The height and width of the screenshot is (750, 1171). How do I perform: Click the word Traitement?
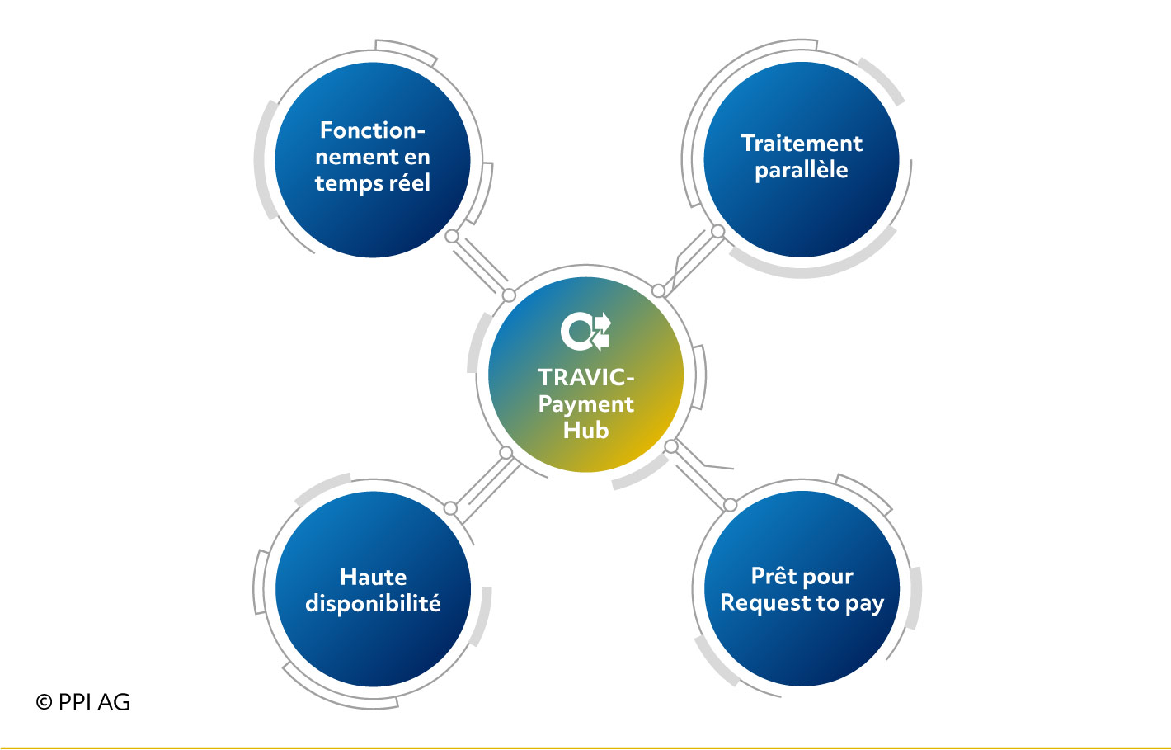point(802,144)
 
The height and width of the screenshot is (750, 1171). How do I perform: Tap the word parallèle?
point(802,171)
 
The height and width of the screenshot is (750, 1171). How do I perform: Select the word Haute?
point(374,578)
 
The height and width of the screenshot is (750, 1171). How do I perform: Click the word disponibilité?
point(374,604)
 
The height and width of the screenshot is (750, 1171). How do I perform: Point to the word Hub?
point(586,431)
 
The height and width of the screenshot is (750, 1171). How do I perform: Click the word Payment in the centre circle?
point(586,405)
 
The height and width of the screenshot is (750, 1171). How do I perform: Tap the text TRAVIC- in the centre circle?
point(586,378)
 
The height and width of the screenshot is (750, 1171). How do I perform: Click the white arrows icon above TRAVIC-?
point(585,331)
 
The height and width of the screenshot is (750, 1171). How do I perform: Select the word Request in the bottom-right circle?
point(762,604)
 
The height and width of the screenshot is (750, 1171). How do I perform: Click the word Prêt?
point(770,576)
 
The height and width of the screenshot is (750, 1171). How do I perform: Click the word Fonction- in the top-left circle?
point(373,130)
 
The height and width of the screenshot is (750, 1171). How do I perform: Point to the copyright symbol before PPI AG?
point(44,702)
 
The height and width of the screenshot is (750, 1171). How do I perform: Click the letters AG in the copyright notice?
point(114,702)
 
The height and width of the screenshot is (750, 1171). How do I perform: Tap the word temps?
point(348,184)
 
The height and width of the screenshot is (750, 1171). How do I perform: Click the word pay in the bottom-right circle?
point(865,605)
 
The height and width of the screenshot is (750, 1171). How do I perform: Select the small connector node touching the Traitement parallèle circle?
point(717,231)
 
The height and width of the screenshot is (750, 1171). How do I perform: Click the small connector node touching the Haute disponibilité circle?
point(450,508)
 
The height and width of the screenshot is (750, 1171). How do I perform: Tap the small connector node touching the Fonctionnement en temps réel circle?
point(452,237)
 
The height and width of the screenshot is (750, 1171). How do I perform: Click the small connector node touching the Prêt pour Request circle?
point(731,505)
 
